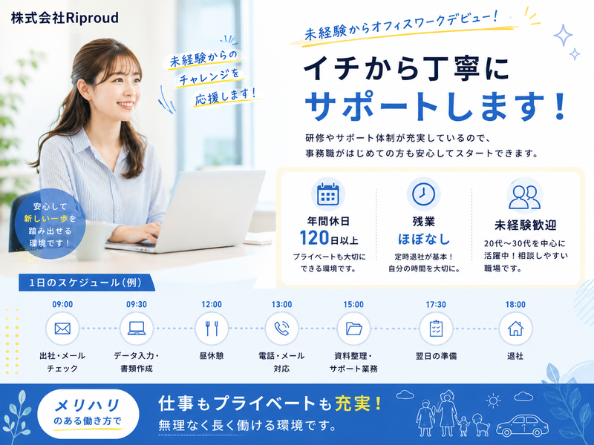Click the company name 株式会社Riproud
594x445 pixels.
tap(65, 18)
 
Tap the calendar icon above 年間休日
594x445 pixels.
tap(328, 194)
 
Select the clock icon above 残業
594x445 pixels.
tap(423, 194)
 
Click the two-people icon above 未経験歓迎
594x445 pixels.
tap(525, 197)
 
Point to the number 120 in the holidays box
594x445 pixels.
tap(314, 238)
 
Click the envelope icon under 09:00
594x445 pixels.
tap(62, 329)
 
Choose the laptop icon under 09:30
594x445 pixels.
tap(137, 329)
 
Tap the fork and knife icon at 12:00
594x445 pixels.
tap(212, 329)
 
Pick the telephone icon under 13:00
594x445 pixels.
tap(281, 329)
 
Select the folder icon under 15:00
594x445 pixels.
tap(354, 329)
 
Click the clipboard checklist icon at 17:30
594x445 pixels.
tap(436, 329)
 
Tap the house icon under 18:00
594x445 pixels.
tap(515, 329)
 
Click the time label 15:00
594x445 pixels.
tap(353, 305)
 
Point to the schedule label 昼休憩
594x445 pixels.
tap(212, 356)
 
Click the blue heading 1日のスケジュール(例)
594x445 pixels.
tap(85, 283)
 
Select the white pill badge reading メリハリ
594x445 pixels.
tap(88, 414)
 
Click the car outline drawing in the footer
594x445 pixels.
tap(522, 426)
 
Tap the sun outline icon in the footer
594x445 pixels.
tap(493, 400)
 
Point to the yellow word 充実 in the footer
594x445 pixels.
tap(353, 403)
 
